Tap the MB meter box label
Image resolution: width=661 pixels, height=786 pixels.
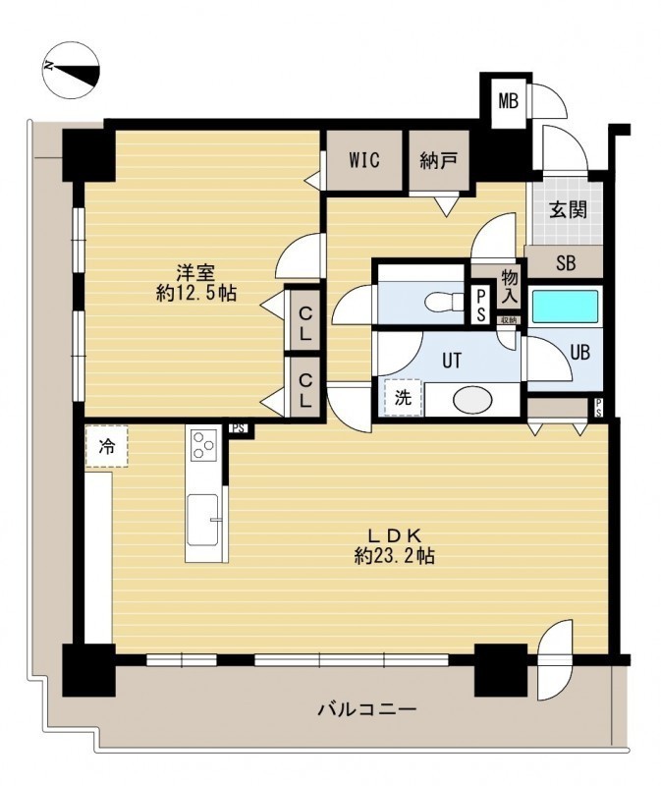tap(508, 102)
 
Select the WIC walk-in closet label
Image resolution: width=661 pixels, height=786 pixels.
tap(364, 160)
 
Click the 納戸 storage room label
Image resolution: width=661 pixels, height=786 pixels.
tap(438, 160)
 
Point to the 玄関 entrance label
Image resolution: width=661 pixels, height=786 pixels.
tap(568, 210)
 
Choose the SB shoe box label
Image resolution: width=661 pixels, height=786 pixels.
tap(566, 262)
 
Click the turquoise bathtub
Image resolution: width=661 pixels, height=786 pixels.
tap(566, 307)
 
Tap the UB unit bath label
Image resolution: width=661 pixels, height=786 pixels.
tap(580, 353)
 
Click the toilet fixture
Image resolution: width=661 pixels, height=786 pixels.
tap(445, 303)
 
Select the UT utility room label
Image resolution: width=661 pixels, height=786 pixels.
tap(452, 361)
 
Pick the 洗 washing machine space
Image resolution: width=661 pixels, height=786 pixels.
tap(404, 398)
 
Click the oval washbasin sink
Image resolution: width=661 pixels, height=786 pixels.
tap(472, 400)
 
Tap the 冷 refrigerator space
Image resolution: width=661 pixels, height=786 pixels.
tap(106, 446)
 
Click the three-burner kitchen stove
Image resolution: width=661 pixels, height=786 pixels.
tap(203, 445)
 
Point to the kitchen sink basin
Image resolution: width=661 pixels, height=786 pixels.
tap(202, 521)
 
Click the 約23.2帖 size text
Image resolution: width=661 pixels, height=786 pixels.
tap(395, 555)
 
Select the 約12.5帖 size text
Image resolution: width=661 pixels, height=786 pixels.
tap(196, 293)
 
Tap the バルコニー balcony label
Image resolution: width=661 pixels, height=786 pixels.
tap(367, 709)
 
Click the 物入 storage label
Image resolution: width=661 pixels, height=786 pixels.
tap(510, 285)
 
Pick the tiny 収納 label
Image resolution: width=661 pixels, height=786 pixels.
tap(508, 319)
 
